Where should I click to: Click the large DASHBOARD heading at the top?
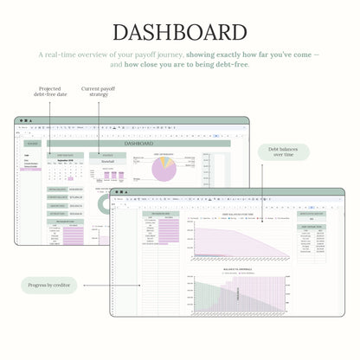(180, 33)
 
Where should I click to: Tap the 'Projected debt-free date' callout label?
(48, 91)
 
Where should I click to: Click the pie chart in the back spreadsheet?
(164, 170)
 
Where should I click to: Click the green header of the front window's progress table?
(161, 214)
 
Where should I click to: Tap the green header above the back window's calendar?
(65, 155)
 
